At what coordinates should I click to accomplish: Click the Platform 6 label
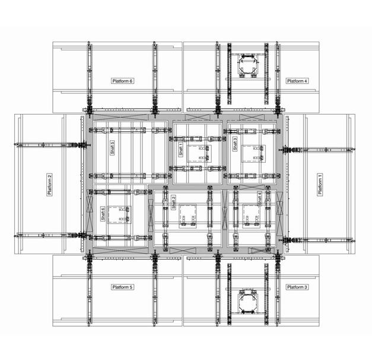[x=122, y=81]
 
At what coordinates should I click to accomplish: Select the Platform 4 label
[x=297, y=81]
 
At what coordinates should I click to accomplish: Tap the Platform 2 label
[x=49, y=184]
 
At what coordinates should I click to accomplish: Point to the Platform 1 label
[x=320, y=184]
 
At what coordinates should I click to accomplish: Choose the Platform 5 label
[x=122, y=287]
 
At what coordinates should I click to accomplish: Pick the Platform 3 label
[x=297, y=287]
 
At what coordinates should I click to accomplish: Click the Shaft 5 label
[x=113, y=148]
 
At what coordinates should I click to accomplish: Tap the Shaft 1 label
[x=181, y=149]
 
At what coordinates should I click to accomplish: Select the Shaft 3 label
[x=235, y=144]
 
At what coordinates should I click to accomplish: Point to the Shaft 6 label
[x=103, y=214]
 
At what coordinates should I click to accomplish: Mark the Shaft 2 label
[x=174, y=203]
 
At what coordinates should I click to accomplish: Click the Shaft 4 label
[x=260, y=199]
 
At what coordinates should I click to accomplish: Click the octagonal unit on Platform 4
[x=247, y=63]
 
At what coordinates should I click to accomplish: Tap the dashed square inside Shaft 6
[x=119, y=214]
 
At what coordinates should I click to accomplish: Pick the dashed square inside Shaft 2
[x=187, y=216]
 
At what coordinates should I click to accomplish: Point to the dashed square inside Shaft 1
[x=199, y=154]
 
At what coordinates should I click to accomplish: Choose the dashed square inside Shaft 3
[x=253, y=154]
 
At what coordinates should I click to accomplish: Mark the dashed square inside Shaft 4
[x=251, y=216]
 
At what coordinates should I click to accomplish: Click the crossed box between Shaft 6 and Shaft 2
[x=151, y=216]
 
